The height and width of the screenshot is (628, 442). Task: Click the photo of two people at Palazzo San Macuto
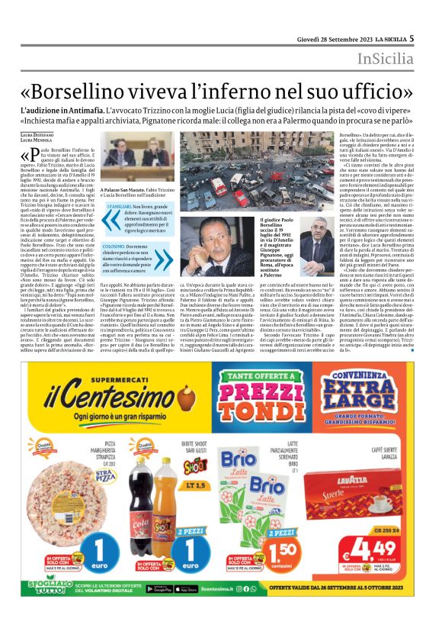tap(135, 163)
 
